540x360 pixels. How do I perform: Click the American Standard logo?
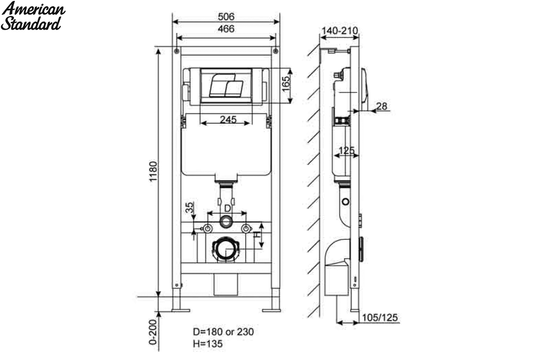tap(33, 16)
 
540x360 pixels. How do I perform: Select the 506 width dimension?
tap(226, 17)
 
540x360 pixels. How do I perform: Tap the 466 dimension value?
tap(226, 29)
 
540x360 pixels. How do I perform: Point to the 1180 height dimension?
tap(153, 171)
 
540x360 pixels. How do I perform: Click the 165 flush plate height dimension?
tap(286, 84)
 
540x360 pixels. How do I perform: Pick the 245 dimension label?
tap(228, 119)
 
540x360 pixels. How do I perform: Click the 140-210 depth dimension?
tap(340, 31)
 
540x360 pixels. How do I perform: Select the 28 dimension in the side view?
tap(382, 106)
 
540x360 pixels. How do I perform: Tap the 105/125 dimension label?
tap(380, 318)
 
